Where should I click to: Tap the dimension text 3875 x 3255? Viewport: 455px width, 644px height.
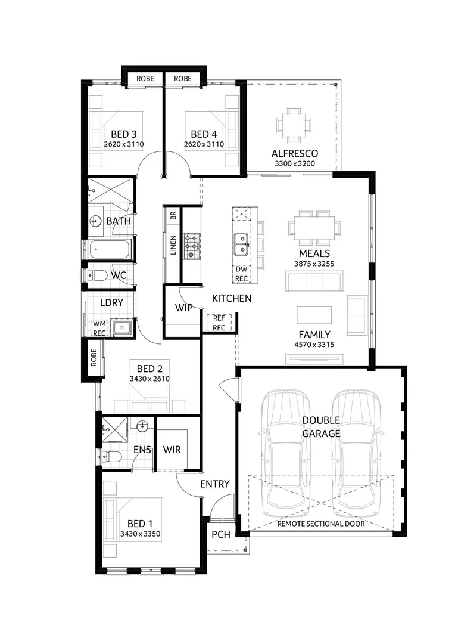tap(314, 262)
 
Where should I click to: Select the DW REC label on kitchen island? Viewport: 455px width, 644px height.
tap(241, 274)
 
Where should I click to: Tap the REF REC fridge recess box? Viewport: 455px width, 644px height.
tap(219, 323)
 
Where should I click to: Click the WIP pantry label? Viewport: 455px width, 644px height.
tap(182, 308)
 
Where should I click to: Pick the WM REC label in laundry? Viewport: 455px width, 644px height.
tap(98, 328)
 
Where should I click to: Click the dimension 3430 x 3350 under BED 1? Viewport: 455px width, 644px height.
tap(141, 534)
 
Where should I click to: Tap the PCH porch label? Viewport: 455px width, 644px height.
tap(220, 534)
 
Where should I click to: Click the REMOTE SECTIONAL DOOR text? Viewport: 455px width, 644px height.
tap(321, 524)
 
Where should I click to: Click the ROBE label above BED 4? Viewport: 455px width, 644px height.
tap(183, 78)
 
